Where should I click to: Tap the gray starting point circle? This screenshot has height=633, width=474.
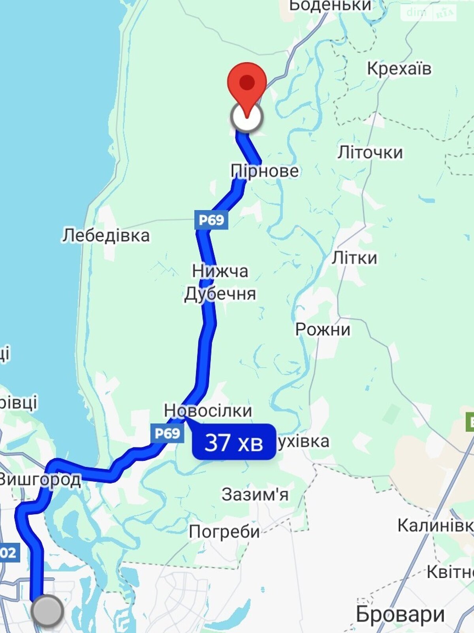pyautogui.click(x=47, y=611)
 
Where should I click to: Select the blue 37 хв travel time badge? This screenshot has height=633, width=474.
pyautogui.click(x=234, y=442)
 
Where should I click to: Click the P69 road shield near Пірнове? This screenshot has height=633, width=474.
pyautogui.click(x=211, y=220)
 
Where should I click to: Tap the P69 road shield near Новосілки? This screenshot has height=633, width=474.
pyautogui.click(x=167, y=434)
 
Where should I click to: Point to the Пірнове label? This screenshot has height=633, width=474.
pyautogui.click(x=265, y=171)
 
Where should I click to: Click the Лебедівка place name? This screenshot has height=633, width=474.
pyautogui.click(x=106, y=235)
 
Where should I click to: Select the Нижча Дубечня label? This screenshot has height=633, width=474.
pyautogui.click(x=220, y=282)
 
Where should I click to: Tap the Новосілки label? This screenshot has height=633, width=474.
pyautogui.click(x=208, y=411)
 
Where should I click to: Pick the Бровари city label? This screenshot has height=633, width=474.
pyautogui.click(x=400, y=614)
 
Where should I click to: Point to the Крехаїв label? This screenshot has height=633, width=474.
pyautogui.click(x=399, y=68)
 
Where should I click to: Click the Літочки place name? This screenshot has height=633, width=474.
pyautogui.click(x=370, y=152)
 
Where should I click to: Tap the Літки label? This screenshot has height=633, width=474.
pyautogui.click(x=354, y=258)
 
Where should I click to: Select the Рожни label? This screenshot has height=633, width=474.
pyautogui.click(x=323, y=329)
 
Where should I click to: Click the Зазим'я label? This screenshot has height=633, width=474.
pyautogui.click(x=255, y=495)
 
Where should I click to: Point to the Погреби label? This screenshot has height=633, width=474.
pyautogui.click(x=224, y=532)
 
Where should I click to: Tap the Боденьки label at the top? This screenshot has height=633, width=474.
pyautogui.click(x=330, y=6)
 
